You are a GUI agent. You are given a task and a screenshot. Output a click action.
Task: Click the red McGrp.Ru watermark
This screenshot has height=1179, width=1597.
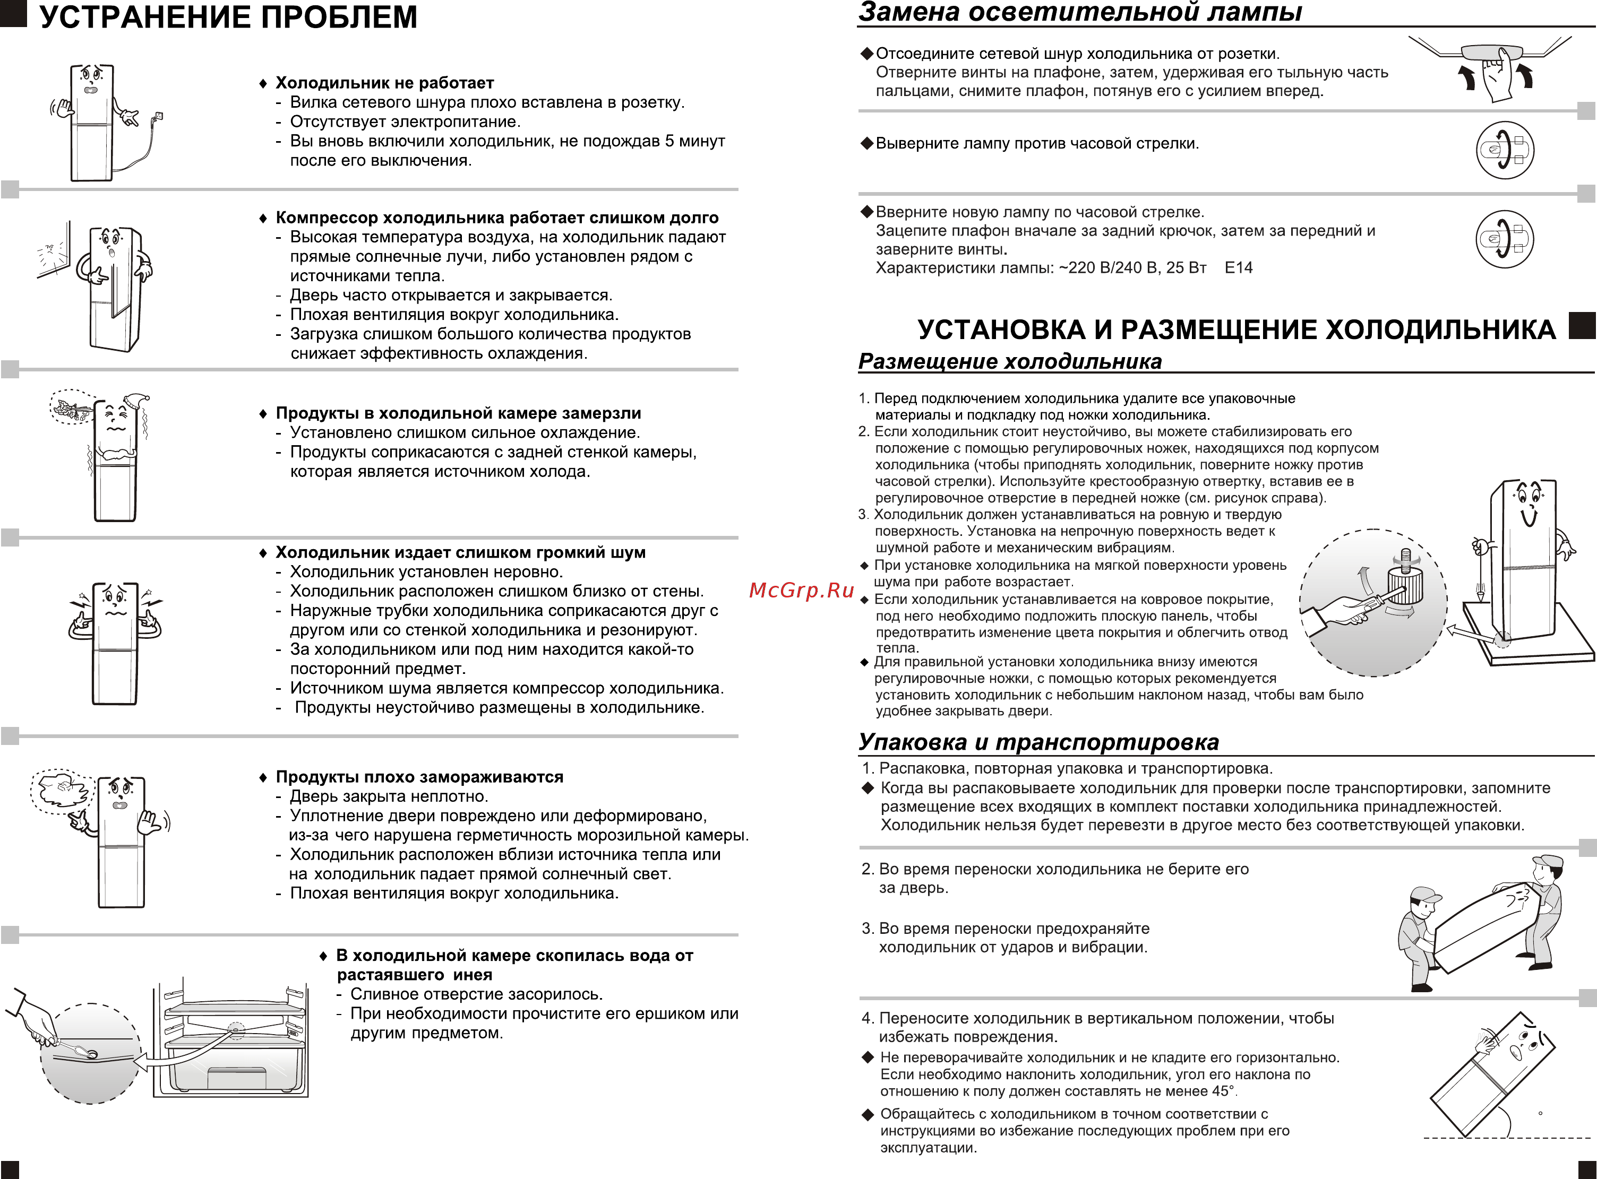[802, 590]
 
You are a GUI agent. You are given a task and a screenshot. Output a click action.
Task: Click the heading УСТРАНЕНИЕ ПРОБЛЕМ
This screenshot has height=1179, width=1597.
[228, 17]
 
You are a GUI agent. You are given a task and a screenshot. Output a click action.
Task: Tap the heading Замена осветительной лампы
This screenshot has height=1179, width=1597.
[1080, 12]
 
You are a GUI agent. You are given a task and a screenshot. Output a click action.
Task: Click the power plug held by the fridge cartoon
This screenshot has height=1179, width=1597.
[159, 116]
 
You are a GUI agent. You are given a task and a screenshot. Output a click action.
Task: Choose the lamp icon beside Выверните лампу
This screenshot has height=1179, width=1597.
[1504, 150]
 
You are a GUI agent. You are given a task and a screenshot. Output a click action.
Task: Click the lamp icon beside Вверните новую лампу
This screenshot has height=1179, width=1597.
[1504, 238]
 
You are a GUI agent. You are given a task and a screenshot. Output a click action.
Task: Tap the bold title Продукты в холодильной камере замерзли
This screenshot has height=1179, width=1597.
[458, 413]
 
